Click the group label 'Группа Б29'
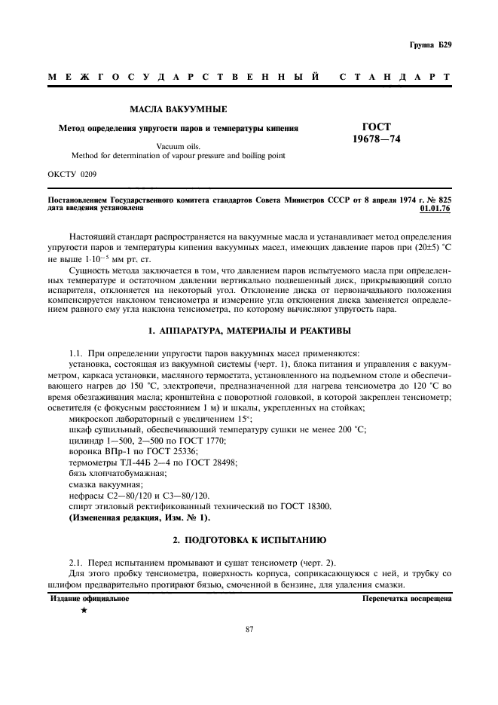point(431,45)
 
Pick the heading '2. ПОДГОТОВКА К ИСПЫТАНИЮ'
point(249,541)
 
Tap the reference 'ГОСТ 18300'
point(291,505)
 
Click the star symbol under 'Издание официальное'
point(84,610)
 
